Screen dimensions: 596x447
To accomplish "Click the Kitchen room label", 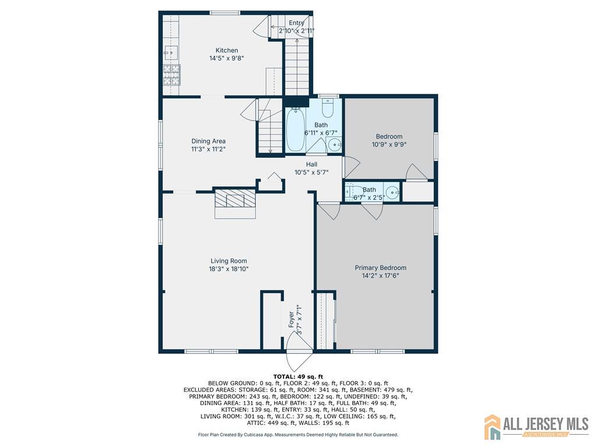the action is tap(226, 50).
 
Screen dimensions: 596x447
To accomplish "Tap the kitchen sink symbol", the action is tap(171, 53).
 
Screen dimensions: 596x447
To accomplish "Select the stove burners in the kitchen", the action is tap(172, 75).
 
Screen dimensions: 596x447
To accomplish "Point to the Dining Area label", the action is tap(208, 141).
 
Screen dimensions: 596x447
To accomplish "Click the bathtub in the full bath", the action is tap(295, 130).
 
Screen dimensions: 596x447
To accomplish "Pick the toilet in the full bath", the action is tap(328, 108).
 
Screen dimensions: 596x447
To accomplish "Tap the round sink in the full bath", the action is tap(334, 144).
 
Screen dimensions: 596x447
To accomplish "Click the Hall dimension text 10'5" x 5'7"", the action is tap(311, 172).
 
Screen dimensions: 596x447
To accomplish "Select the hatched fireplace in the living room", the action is tap(235, 198).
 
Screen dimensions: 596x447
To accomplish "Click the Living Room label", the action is tap(229, 261).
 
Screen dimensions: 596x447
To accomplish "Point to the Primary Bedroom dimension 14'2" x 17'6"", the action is tap(381, 275).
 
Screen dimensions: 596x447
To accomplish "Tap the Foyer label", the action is tap(291, 320).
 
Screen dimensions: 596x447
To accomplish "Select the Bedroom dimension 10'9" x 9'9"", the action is tap(389, 144).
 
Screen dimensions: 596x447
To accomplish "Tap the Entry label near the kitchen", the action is tap(296, 23).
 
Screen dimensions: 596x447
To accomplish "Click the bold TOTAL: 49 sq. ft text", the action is tap(298, 377).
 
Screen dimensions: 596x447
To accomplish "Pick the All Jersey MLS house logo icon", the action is tap(492, 427).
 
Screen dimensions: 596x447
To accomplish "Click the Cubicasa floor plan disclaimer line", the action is tap(298, 434).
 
